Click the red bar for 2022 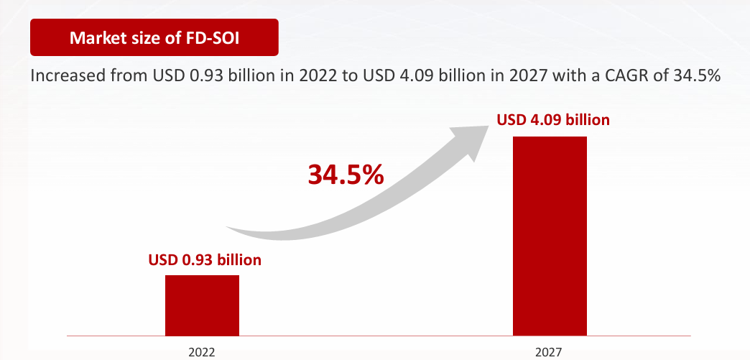202,305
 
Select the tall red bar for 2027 550,236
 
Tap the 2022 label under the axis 202,352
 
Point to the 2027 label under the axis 549,352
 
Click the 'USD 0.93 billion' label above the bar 205,259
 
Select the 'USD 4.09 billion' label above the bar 553,119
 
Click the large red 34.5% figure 346,175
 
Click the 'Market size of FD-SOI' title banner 154,37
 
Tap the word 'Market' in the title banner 95,37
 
